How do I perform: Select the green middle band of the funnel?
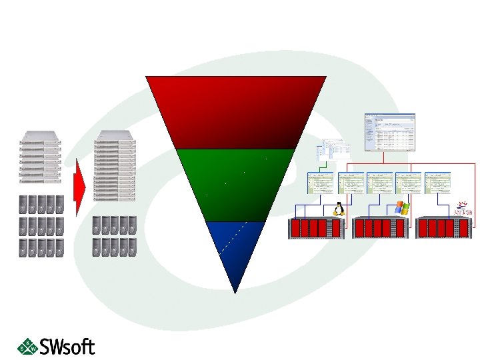[x=236, y=183]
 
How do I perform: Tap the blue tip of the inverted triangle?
[x=235, y=250]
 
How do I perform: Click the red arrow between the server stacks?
[x=79, y=187]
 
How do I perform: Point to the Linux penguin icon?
[x=338, y=208]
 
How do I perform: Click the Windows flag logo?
[x=401, y=207]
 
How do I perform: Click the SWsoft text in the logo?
[x=67, y=347]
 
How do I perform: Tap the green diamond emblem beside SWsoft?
[x=27, y=345]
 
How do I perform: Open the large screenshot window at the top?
[x=389, y=132]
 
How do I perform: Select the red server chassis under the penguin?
[x=315, y=228]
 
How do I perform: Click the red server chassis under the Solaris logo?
[x=445, y=228]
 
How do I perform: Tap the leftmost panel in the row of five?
[x=320, y=183]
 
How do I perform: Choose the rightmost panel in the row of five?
[x=438, y=183]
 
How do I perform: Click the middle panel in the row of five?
[x=379, y=183]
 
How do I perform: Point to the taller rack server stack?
[x=115, y=166]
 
